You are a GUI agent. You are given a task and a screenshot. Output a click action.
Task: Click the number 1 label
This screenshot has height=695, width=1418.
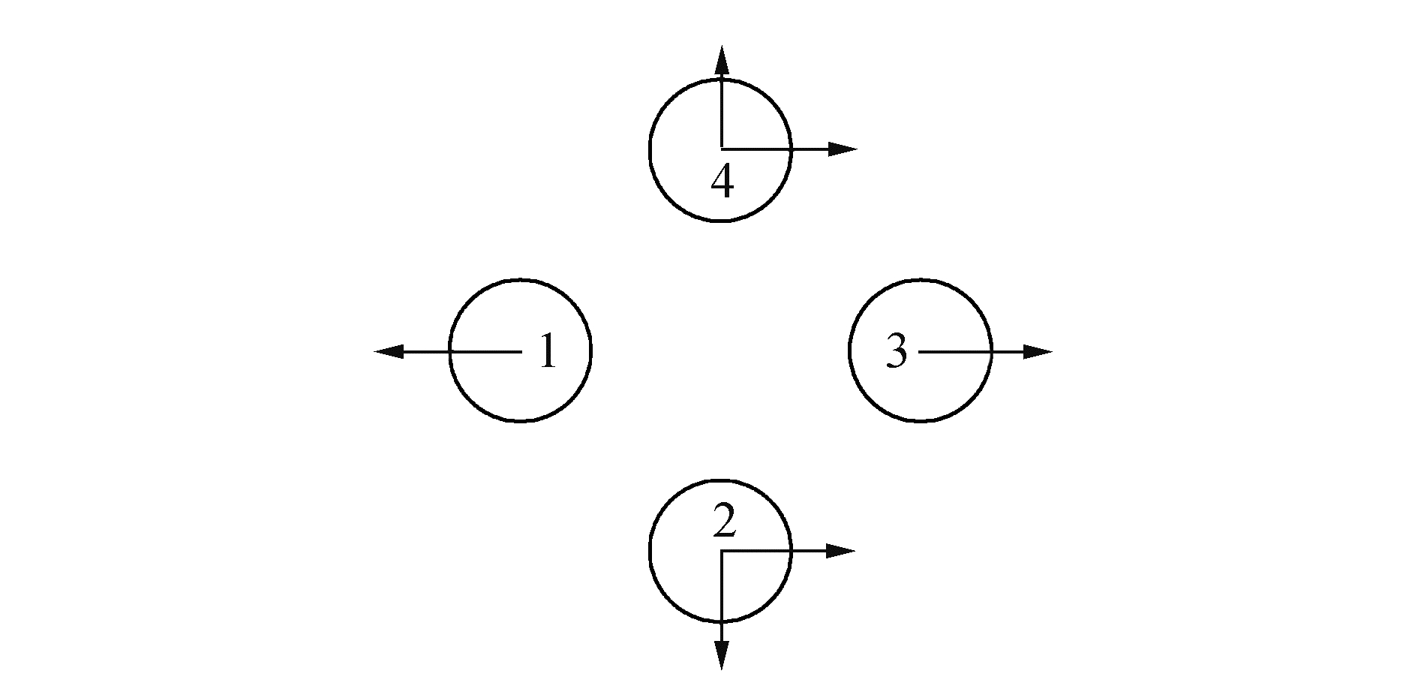[x=548, y=351]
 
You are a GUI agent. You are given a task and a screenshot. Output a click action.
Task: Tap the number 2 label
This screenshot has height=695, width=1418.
[x=723, y=522]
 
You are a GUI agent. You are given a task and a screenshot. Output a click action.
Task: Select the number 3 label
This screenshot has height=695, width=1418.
[x=897, y=351]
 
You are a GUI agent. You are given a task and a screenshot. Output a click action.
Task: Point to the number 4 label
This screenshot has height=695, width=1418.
[x=722, y=182]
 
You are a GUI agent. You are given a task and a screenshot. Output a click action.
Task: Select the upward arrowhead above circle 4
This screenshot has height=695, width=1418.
[x=721, y=59]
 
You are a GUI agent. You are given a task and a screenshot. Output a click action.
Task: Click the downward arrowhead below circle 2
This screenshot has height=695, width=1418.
[x=721, y=655]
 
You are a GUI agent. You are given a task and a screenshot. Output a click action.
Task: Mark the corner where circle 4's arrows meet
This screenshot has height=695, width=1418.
[x=721, y=149]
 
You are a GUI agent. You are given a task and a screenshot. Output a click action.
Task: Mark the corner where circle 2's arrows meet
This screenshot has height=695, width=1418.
[x=721, y=552]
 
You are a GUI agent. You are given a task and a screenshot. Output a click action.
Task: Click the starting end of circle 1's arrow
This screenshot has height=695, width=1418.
[x=521, y=351]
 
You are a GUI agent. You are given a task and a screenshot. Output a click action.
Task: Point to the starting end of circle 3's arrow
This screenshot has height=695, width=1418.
[x=920, y=351]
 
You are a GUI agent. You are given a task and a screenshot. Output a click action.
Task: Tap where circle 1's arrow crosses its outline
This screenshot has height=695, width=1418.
[x=450, y=351]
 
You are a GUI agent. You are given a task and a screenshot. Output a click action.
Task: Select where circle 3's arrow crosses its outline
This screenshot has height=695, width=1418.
[x=990, y=351]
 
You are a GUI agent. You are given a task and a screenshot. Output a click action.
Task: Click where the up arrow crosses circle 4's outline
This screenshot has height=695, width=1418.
[x=721, y=78]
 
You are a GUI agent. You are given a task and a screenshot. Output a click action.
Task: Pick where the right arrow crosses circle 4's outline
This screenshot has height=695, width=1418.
[x=791, y=149]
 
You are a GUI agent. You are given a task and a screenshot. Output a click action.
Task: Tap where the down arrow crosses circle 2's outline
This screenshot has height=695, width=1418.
[x=721, y=622]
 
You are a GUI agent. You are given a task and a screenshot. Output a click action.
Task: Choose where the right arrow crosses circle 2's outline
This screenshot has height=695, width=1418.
[x=791, y=552]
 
